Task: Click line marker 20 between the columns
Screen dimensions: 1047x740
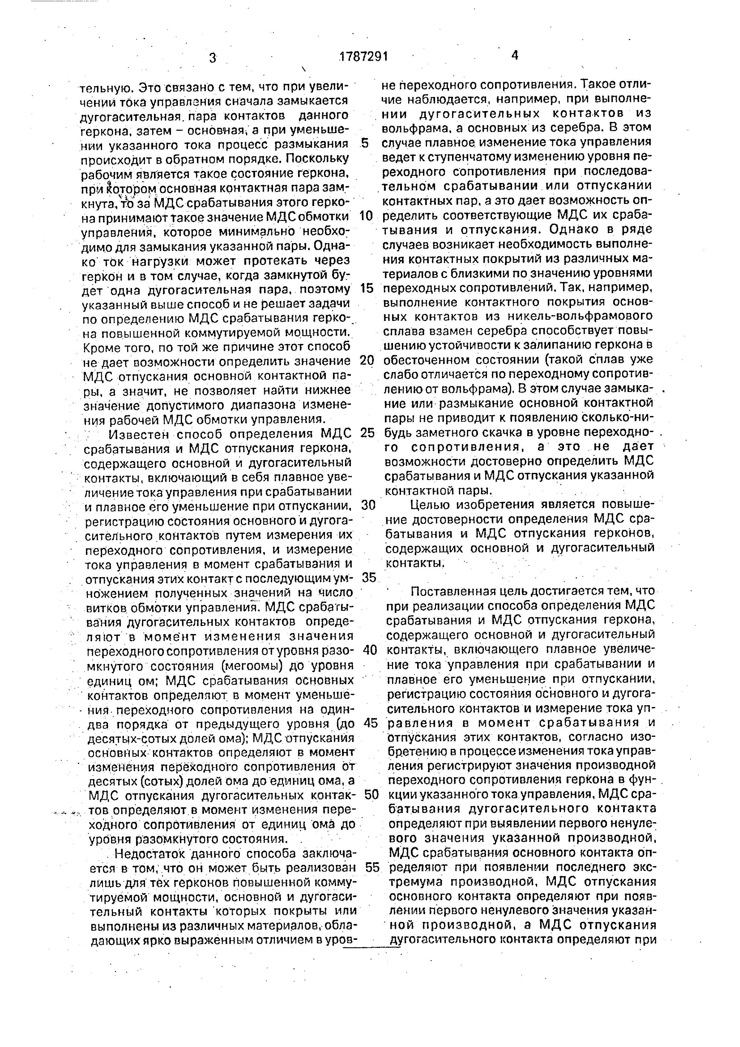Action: pos(367,360)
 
